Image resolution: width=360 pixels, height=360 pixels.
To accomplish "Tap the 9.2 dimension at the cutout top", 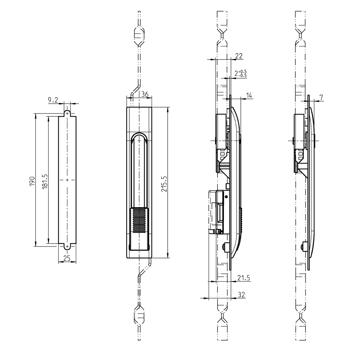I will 53,100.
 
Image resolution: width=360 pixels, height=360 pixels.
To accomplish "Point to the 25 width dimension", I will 67,258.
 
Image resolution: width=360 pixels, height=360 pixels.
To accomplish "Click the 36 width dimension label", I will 144,94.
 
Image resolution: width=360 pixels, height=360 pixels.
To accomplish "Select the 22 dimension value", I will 239,56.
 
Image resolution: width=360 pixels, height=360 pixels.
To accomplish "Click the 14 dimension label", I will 249,95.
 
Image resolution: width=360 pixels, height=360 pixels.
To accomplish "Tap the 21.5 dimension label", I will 243,278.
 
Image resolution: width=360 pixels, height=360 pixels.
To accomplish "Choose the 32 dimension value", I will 241,295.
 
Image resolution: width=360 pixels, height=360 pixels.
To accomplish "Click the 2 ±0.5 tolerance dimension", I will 240,73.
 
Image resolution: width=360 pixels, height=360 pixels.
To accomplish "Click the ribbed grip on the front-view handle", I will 139,220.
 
